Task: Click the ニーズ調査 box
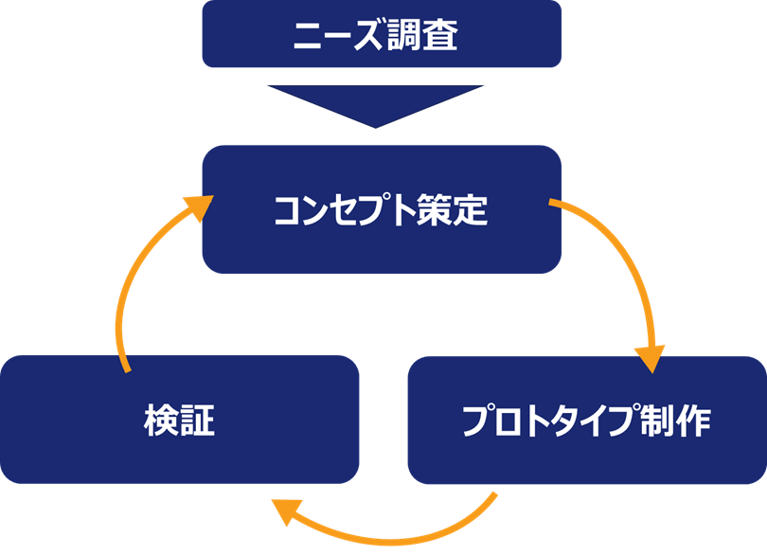click(382, 35)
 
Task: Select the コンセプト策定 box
click(382, 209)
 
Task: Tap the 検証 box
click(180, 419)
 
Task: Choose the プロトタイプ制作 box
click(586, 420)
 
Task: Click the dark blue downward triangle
click(376, 105)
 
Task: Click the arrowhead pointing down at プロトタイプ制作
click(650, 359)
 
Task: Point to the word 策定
click(453, 210)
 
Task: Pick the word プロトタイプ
click(549, 421)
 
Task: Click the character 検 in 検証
click(161, 420)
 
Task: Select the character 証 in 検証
click(198, 420)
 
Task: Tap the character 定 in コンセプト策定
click(471, 210)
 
